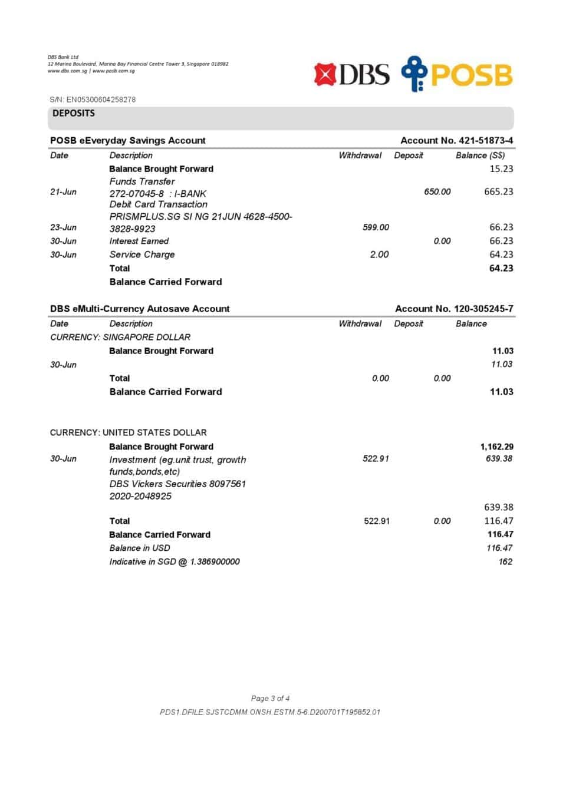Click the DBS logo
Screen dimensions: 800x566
(351, 75)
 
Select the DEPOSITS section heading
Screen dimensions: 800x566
(74, 113)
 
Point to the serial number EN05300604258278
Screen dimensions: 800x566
(101, 100)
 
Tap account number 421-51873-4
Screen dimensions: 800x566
(485, 140)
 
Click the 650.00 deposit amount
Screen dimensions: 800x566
(437, 191)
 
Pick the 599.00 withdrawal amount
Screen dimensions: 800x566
(376, 227)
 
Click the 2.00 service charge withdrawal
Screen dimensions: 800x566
(379, 254)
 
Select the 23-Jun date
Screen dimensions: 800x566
(63, 227)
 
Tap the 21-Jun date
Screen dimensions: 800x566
(63, 192)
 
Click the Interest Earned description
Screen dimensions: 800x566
(139, 241)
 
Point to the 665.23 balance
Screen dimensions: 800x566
(498, 191)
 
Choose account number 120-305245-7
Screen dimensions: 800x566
(483, 309)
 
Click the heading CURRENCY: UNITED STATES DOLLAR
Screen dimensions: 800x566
(129, 432)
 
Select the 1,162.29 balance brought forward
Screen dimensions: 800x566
(496, 447)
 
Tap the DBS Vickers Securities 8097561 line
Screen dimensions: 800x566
(177, 484)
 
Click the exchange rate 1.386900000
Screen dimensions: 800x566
(215, 561)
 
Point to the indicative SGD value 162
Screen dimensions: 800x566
(505, 561)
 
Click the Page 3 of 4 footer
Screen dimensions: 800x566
(270, 699)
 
